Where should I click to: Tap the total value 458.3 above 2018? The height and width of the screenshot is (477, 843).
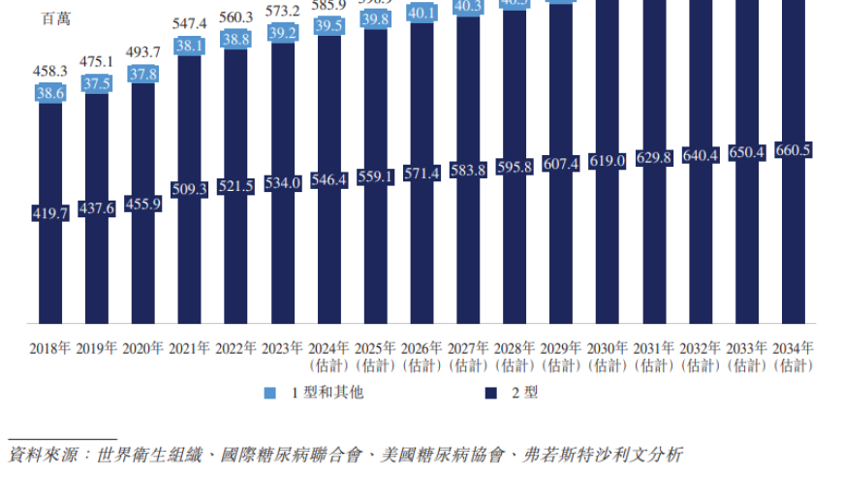(50, 71)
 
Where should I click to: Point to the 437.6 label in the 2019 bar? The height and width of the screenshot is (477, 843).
(97, 208)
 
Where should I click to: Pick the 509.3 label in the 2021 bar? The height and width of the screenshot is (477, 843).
(190, 190)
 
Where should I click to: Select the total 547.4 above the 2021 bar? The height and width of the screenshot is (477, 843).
(190, 23)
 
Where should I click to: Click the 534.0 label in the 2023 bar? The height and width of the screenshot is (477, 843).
(283, 183)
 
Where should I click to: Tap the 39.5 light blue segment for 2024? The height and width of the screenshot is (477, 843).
(329, 24)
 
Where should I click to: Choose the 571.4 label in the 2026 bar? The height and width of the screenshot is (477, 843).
(422, 173)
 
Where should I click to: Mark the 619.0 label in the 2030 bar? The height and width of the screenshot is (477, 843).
(608, 161)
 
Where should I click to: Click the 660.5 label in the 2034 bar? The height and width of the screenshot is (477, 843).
(794, 150)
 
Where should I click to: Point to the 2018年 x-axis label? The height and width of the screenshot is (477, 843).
(49, 347)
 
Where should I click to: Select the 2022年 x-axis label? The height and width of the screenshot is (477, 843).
(235, 347)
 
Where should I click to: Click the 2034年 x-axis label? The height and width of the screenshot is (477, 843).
(794, 347)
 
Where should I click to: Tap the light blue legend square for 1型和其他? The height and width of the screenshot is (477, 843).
(269, 394)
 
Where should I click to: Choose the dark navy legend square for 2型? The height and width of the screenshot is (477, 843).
(491, 394)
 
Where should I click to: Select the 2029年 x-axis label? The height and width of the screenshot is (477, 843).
(561, 347)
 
